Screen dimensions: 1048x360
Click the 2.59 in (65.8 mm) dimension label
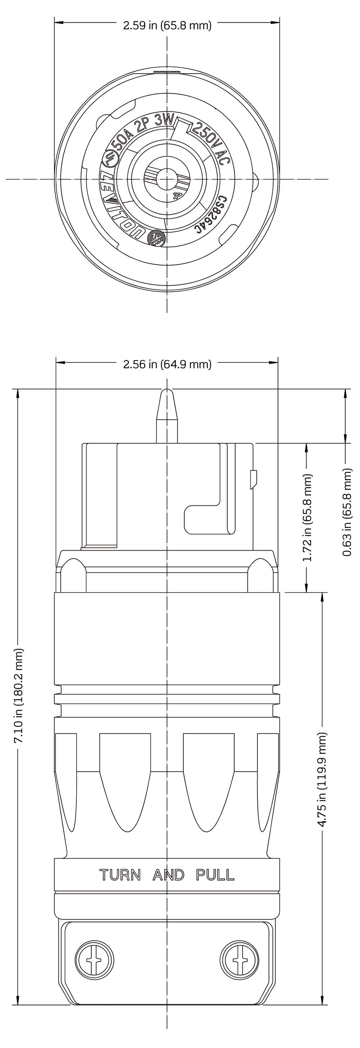[167, 26]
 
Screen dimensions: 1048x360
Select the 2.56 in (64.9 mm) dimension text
[167, 364]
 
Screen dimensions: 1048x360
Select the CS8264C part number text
[212, 215]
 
